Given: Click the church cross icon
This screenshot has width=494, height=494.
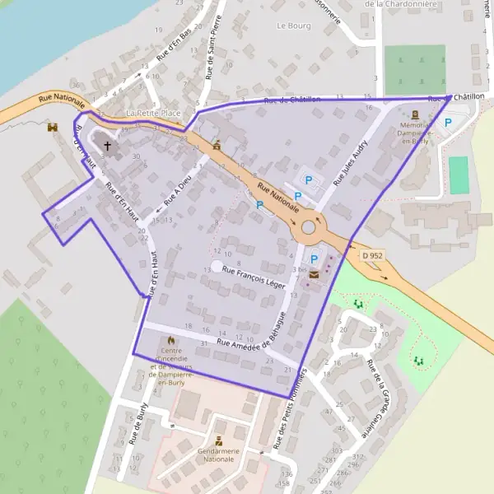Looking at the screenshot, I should (x=107, y=147).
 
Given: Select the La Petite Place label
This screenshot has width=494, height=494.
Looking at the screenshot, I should (x=152, y=112).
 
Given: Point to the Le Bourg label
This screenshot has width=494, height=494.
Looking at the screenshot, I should (x=292, y=26).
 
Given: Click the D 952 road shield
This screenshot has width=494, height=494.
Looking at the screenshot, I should (x=372, y=256).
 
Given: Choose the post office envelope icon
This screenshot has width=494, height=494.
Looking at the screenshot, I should (x=313, y=277).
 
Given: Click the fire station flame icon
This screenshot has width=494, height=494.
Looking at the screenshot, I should (x=171, y=339).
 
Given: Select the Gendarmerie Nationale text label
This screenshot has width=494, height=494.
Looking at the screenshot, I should (x=217, y=454).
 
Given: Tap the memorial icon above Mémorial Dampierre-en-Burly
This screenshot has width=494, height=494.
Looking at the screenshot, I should (x=415, y=114).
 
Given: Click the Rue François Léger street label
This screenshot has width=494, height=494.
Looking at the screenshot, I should (x=254, y=277).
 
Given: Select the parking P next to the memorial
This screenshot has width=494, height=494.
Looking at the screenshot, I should (x=448, y=123).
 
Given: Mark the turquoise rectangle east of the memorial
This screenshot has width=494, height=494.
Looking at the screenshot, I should (x=458, y=175).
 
